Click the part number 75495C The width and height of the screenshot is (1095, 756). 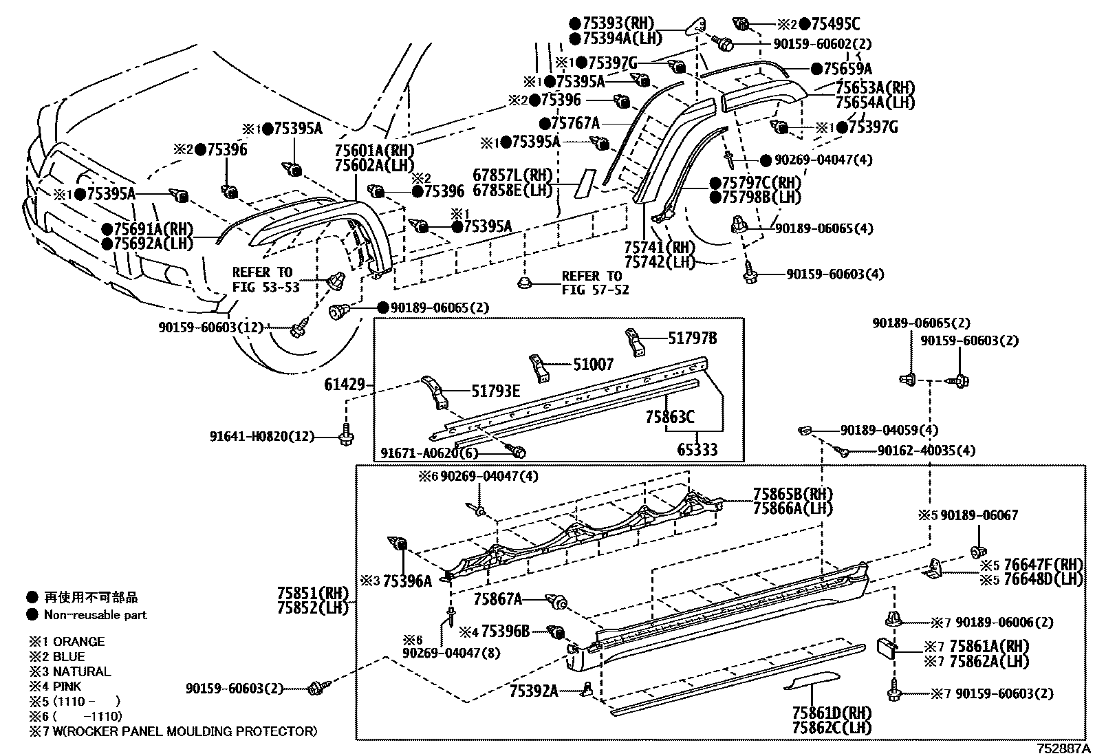point(835,25)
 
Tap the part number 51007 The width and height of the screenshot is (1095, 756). point(593,365)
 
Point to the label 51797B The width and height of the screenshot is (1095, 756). point(693,338)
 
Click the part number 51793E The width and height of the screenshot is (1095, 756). point(495,391)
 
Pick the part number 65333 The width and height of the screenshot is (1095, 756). point(697,451)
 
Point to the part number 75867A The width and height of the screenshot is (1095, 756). point(498,601)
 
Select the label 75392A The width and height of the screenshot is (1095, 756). point(534,691)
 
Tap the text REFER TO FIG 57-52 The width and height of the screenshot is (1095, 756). point(595,283)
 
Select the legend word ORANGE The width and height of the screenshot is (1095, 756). point(78,642)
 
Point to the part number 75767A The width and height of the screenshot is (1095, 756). point(575,124)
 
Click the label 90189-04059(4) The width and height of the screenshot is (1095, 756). point(889,431)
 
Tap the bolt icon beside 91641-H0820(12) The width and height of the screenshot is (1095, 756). point(345,435)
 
